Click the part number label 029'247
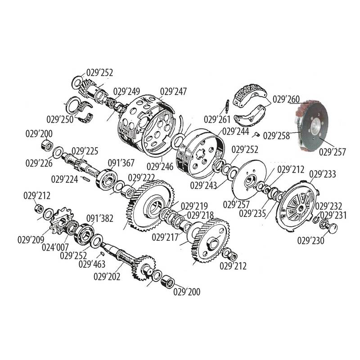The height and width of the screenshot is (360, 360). point(173,91)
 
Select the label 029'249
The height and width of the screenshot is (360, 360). point(126,91)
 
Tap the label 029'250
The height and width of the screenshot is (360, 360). point(60,119)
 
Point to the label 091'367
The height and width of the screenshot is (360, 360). point(121,163)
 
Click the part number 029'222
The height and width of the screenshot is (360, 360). point(141,178)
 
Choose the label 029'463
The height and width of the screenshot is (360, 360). point(92,264)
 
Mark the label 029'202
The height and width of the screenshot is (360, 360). point(107,277)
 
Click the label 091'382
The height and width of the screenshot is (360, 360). point(99,218)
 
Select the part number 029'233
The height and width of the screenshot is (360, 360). point(323,174)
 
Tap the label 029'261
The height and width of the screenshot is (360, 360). point(217,119)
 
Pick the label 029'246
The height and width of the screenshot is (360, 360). point(160,166)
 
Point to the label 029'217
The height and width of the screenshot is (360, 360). point(165,237)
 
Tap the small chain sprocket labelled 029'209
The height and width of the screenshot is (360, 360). point(60,221)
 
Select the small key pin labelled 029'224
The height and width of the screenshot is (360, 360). point(85,178)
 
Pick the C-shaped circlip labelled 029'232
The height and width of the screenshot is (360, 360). point(316,220)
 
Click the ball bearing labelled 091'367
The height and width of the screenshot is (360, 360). point(106,179)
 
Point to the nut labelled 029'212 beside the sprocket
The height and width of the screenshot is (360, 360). point(39,208)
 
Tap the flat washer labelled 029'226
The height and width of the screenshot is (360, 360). point(58,152)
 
